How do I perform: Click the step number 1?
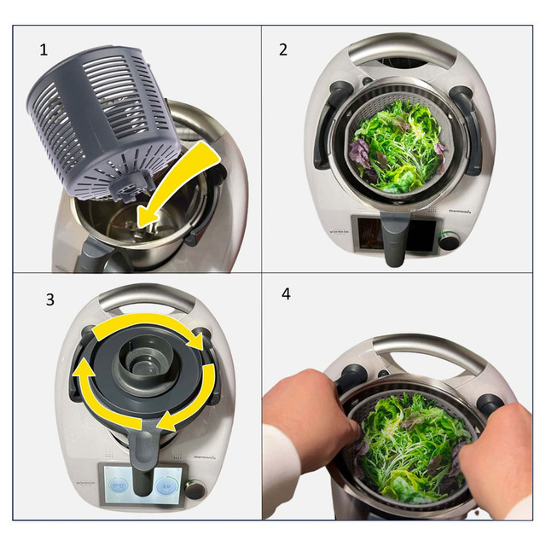tap(44, 49)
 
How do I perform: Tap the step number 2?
tap(283, 49)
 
